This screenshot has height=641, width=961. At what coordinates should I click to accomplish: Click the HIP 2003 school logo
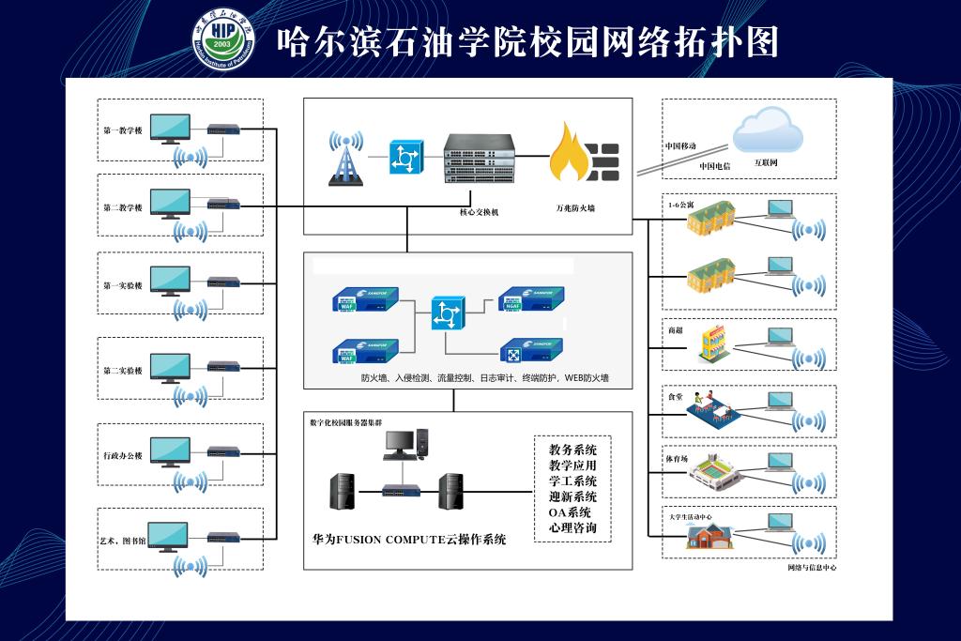[x=223, y=40]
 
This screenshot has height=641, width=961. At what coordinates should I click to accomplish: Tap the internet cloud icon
[x=768, y=130]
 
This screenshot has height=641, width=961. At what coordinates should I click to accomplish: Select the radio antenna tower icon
[x=346, y=158]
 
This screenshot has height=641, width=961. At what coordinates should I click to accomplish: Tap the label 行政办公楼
[x=123, y=455]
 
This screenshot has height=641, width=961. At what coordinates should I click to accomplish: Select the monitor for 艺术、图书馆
[x=168, y=537]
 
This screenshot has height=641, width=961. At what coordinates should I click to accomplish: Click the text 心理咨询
[x=573, y=529]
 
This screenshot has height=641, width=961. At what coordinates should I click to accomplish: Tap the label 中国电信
[x=714, y=166]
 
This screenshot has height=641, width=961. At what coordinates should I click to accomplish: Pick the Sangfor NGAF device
[x=530, y=298]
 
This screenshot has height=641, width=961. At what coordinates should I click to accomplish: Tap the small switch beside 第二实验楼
[x=223, y=365]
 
